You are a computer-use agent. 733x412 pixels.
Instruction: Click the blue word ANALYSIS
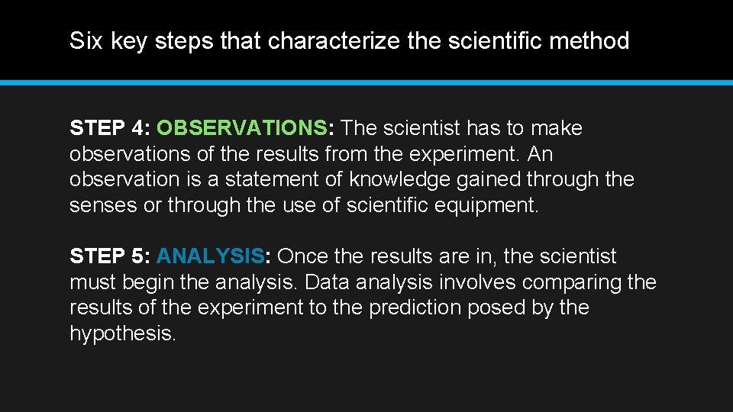point(211,257)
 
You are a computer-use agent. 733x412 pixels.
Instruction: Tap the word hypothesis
point(122,334)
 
